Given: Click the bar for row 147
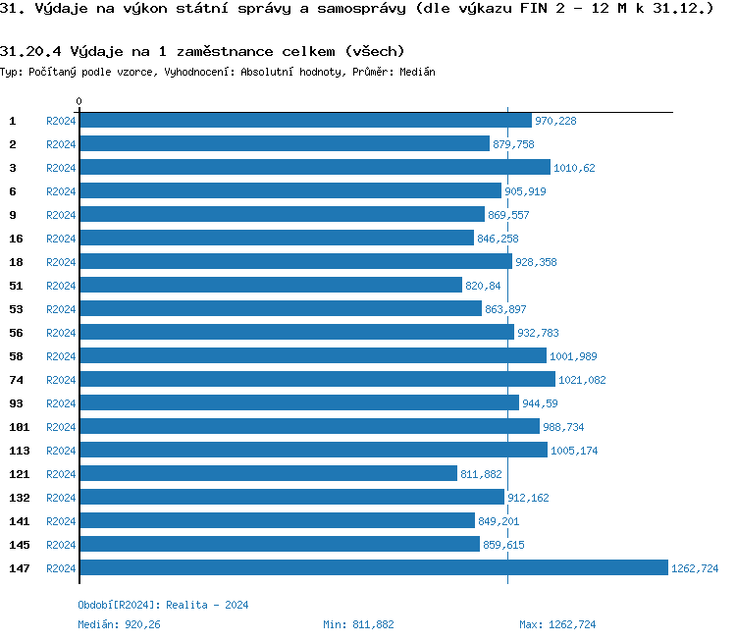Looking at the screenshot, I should click(373, 567).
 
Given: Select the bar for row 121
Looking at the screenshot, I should click(268, 473).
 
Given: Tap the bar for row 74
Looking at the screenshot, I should click(317, 379).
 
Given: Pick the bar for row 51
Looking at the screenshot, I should click(270, 285).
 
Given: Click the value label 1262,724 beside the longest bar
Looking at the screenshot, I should click(695, 568).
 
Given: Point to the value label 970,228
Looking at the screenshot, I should click(555, 121).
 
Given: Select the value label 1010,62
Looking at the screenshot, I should click(574, 168).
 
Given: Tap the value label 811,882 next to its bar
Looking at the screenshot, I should click(481, 474).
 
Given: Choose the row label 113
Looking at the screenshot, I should click(19, 451).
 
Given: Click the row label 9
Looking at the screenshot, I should click(13, 215).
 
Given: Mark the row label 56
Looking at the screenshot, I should click(16, 333).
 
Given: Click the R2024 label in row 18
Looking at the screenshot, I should click(61, 262).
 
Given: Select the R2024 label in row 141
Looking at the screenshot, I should click(61, 521).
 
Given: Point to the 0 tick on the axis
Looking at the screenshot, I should click(79, 101).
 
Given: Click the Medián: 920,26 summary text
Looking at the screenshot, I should click(119, 624).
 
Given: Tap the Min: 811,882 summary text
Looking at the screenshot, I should click(358, 624).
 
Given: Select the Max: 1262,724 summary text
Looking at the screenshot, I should click(557, 624).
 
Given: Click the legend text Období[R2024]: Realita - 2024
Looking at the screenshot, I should click(163, 605).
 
